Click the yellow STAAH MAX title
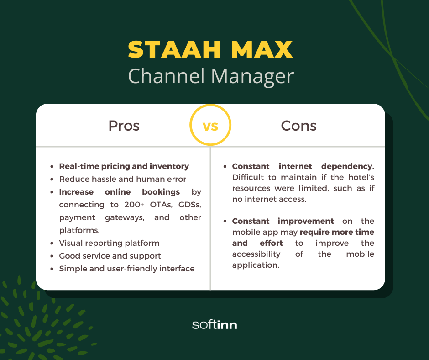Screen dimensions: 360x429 pyautogui.click(x=210, y=49)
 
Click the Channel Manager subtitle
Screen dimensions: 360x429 pyautogui.click(x=210, y=76)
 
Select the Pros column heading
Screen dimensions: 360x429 pyautogui.click(x=124, y=126)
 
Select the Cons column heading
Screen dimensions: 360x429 pyautogui.click(x=298, y=126)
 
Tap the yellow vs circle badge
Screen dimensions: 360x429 pyautogui.click(x=210, y=125)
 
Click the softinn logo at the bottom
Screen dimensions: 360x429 pyautogui.click(x=214, y=325)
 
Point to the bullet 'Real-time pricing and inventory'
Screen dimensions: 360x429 pyautogui.click(x=124, y=166)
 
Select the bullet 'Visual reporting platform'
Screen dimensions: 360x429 pyautogui.click(x=109, y=243)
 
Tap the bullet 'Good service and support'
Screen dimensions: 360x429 pyautogui.click(x=110, y=256)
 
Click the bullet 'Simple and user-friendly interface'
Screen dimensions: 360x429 pyautogui.click(x=126, y=269)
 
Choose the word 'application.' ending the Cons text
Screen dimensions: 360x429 pyautogui.click(x=255, y=265)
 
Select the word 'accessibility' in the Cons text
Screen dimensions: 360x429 pyautogui.click(x=256, y=254)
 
